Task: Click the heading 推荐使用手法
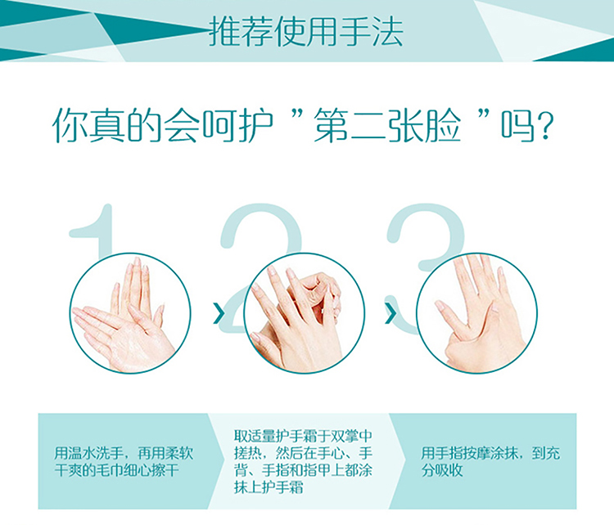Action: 306,31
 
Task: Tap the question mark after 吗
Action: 544,127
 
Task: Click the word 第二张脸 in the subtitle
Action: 387,126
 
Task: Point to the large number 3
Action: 424,235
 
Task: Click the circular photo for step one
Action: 131,313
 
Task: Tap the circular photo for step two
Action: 305,313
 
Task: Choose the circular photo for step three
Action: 476,313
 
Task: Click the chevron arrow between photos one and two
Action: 219,313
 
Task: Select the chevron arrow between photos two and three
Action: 390,313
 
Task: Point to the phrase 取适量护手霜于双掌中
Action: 303,436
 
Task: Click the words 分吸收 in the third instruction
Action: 442,470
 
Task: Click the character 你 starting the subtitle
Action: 70,126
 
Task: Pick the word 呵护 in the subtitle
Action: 237,126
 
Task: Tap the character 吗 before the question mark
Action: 517,126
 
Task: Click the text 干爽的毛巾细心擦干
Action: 117,470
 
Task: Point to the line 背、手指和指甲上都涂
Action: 303,470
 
